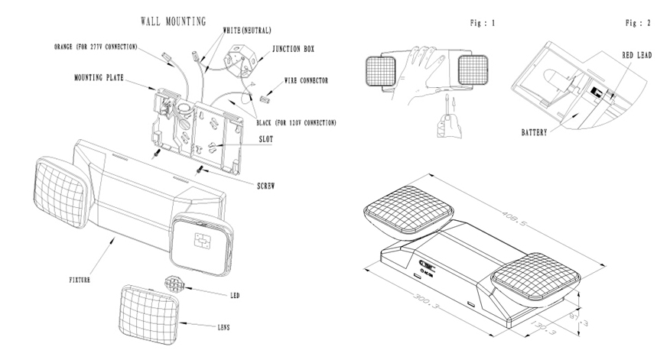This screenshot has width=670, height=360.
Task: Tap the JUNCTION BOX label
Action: click(294, 49)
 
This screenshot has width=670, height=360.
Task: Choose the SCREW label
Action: click(266, 185)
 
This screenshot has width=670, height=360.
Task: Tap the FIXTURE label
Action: click(74, 281)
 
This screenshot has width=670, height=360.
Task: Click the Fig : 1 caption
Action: click(482, 23)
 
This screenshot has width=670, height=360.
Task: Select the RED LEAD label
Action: click(635, 55)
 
